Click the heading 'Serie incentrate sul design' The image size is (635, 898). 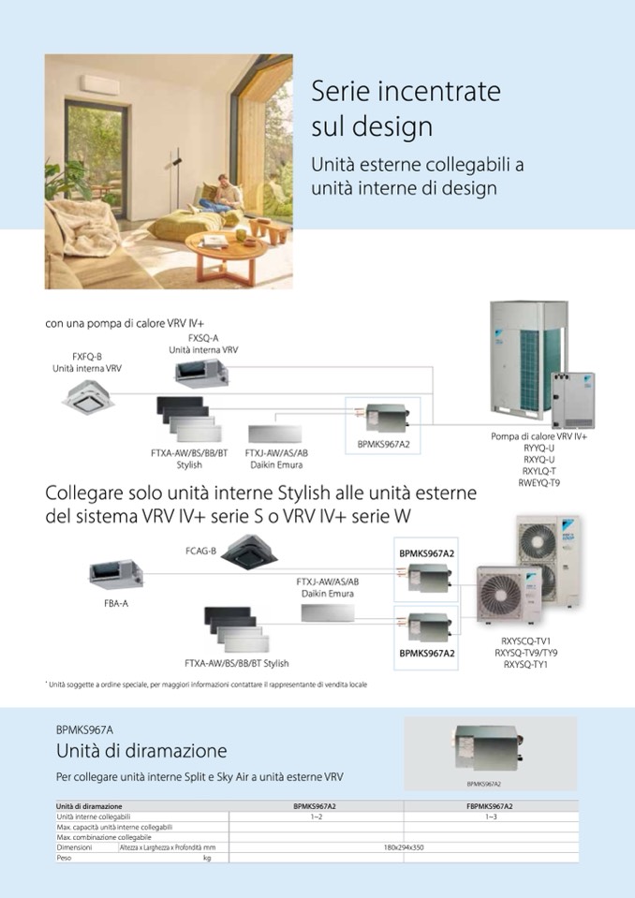pyautogui.click(x=406, y=109)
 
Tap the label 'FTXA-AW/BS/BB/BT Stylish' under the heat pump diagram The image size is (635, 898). pyautogui.click(x=189, y=459)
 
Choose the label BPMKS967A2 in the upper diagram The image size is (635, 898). pyautogui.click(x=385, y=445)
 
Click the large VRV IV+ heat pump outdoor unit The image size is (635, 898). pyautogui.click(x=529, y=360)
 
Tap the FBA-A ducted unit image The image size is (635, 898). pyautogui.click(x=115, y=572)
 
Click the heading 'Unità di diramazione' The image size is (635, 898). pyautogui.click(x=141, y=751)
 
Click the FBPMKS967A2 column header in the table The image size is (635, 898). pyautogui.click(x=489, y=805)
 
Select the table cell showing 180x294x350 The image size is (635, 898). pyautogui.click(x=404, y=846)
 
